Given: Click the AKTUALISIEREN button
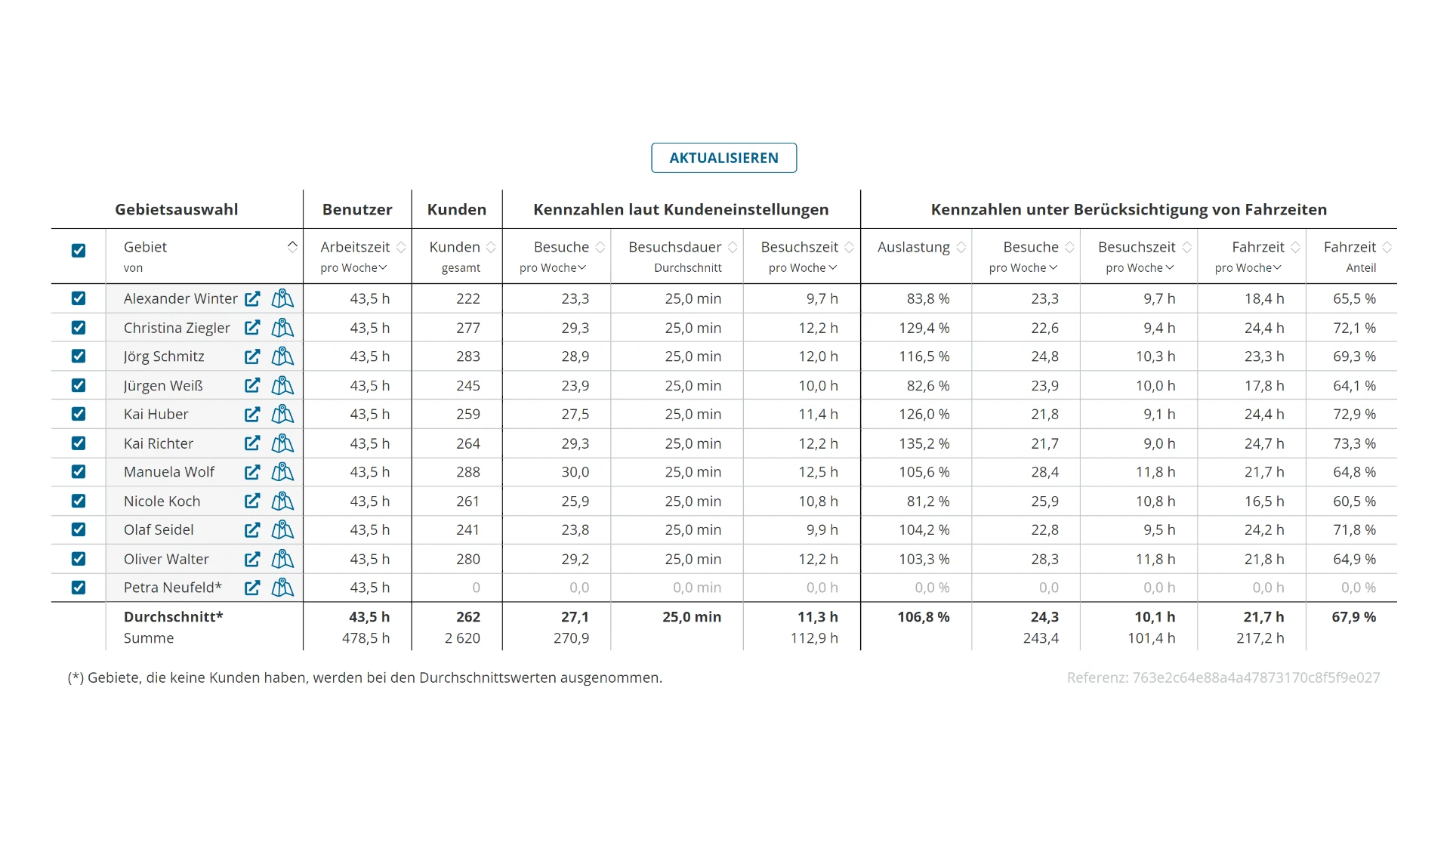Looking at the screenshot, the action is (x=723, y=158).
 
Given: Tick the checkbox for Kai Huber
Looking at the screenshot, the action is (x=79, y=414).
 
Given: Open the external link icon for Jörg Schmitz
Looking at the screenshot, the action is (x=252, y=356).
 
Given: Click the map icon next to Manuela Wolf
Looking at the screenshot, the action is (x=282, y=472).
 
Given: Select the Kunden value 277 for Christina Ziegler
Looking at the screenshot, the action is (x=468, y=328).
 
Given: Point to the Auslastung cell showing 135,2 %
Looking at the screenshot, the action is (x=924, y=443).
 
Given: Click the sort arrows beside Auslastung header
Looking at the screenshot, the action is (x=961, y=247).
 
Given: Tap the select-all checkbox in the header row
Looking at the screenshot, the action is (x=79, y=250).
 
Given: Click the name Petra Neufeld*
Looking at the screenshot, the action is (x=173, y=588).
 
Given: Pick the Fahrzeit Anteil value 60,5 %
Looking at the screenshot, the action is (x=1355, y=501).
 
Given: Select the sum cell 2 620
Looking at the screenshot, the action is (x=462, y=638).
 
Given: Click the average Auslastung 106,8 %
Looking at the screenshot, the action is (x=924, y=617).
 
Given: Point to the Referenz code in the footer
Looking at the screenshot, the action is (x=1223, y=677).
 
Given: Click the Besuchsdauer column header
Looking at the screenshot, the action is (x=675, y=247).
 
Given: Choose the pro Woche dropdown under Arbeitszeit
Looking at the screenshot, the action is (x=353, y=268).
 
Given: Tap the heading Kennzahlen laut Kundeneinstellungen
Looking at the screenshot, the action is (x=681, y=209).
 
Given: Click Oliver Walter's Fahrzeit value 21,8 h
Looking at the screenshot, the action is (x=1264, y=559).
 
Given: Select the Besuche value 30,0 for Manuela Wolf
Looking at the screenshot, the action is (x=575, y=472).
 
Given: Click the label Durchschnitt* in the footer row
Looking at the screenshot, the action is (x=174, y=617).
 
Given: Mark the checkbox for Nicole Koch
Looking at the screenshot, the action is (x=79, y=501).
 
